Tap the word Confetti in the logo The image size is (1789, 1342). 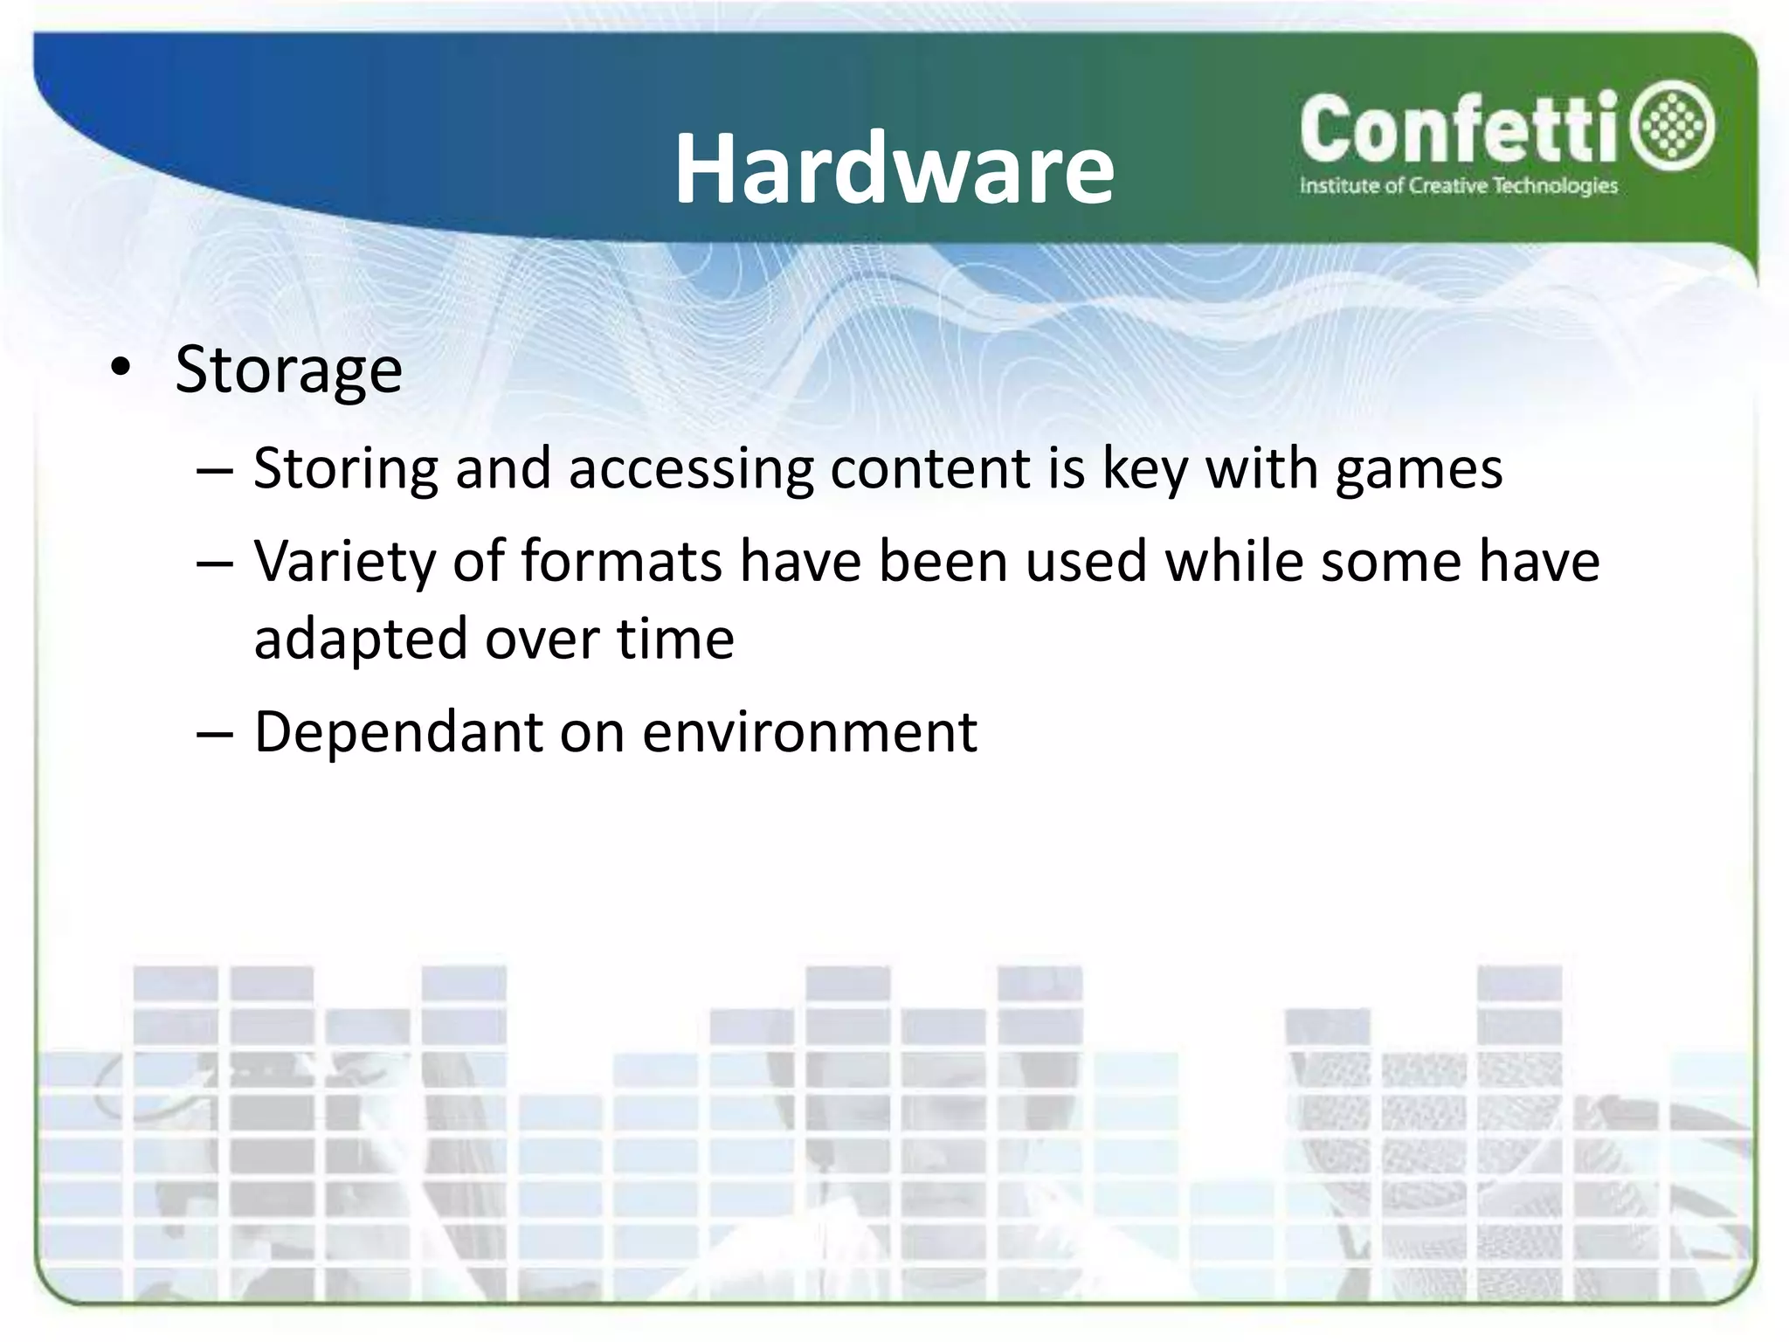1460,129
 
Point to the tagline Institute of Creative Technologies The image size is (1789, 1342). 1458,186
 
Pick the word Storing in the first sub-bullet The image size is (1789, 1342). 345,469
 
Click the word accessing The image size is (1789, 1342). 691,469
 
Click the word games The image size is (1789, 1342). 1419,469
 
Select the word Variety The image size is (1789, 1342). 344,562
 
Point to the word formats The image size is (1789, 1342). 622,560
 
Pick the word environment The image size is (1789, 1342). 810,731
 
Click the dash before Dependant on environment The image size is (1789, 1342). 215,734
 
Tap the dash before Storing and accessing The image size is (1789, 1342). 215,471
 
